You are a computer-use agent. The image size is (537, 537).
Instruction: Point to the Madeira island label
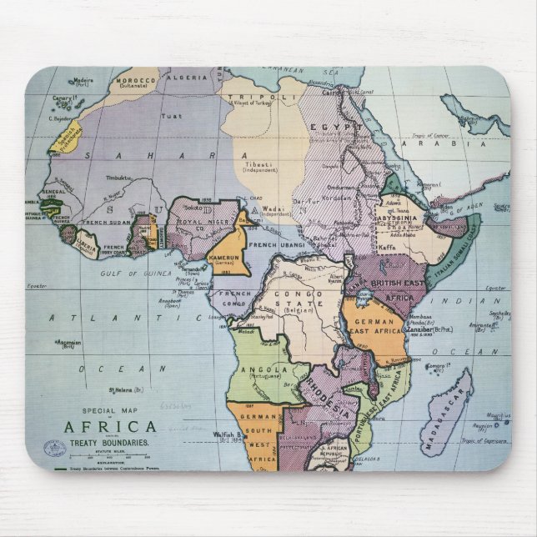coord(83,80)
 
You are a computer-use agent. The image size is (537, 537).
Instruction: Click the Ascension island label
coord(72,342)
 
